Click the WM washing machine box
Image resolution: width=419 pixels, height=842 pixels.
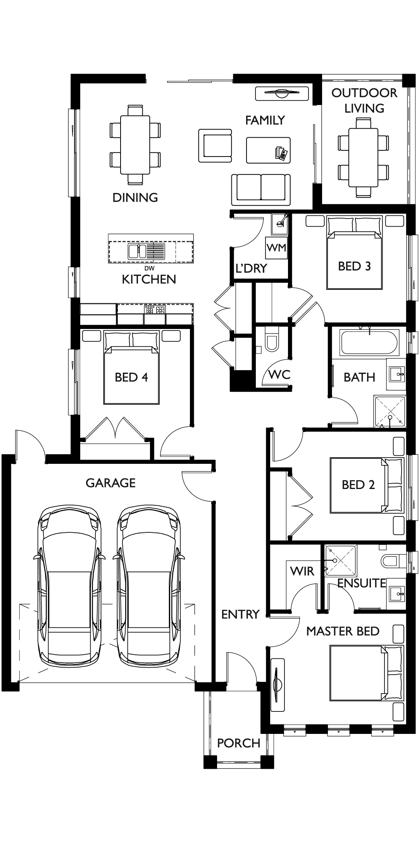(x=276, y=248)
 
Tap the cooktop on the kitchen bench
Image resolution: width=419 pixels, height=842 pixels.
(x=155, y=309)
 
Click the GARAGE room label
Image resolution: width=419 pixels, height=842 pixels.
(x=110, y=483)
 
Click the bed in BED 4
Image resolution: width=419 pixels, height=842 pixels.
(x=131, y=372)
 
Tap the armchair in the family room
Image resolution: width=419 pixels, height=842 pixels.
(x=216, y=146)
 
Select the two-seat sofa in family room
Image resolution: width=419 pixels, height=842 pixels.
(x=261, y=189)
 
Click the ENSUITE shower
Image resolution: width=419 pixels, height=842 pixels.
(x=340, y=561)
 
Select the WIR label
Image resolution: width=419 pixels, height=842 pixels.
(x=302, y=571)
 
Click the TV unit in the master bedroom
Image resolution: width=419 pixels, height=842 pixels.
(x=278, y=685)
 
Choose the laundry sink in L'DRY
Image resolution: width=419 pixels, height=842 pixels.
(x=279, y=224)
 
